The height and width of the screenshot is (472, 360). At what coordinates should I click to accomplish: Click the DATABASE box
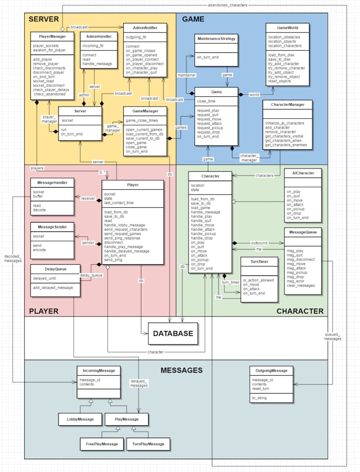click(174, 333)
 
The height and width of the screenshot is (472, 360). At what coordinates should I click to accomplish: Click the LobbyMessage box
click(79, 419)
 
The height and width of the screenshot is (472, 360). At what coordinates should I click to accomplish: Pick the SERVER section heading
click(44, 19)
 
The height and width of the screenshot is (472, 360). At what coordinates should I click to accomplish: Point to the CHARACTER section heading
click(300, 311)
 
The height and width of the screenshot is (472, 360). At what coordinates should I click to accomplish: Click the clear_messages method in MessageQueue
click(300, 286)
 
